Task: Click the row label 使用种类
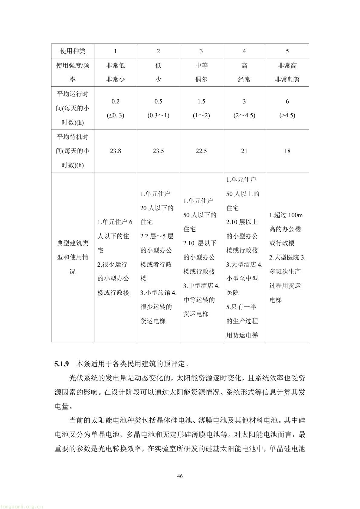click(x=73, y=51)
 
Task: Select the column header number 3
click(x=201, y=51)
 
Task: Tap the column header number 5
click(x=287, y=51)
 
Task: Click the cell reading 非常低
click(x=115, y=65)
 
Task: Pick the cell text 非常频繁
click(x=287, y=80)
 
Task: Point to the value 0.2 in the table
click(x=115, y=101)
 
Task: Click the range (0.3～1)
click(x=158, y=115)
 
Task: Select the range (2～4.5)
click(x=244, y=115)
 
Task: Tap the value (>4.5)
click(x=287, y=115)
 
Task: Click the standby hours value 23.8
click(x=115, y=151)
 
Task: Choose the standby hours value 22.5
click(x=201, y=151)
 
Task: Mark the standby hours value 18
click(x=287, y=151)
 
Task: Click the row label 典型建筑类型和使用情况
click(x=73, y=257)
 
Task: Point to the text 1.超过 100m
click(x=286, y=215)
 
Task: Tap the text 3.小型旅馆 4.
click(x=158, y=292)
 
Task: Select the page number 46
click(x=180, y=476)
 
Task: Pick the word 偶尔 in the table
click(x=201, y=80)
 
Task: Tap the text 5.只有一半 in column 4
click(x=241, y=307)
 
